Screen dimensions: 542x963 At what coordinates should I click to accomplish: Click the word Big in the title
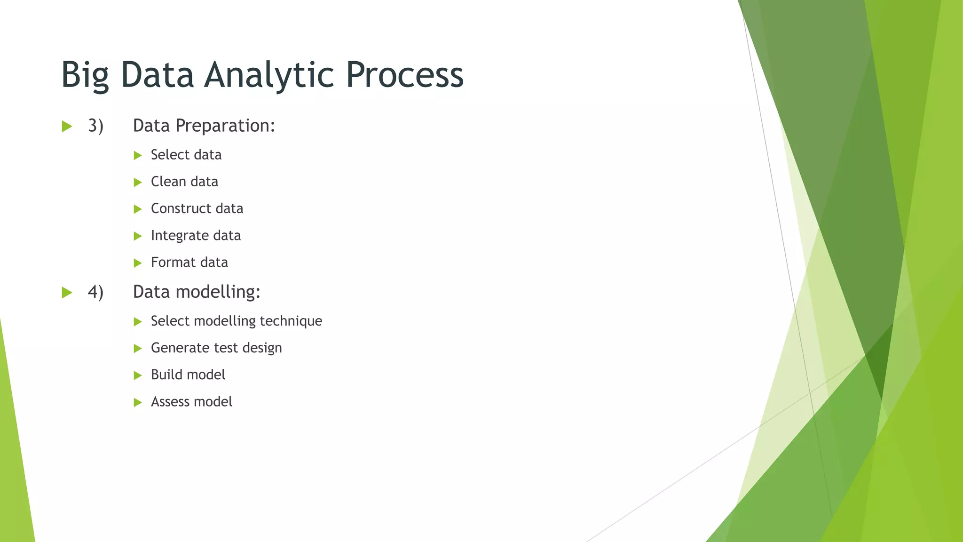[85, 75]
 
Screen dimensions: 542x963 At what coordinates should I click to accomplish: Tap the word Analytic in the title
[269, 75]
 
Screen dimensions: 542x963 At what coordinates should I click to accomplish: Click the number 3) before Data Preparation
[95, 126]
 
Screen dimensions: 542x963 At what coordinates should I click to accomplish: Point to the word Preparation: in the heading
[225, 126]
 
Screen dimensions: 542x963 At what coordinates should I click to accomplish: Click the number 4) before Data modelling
[95, 292]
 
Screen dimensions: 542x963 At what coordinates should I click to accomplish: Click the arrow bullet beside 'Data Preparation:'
[67, 127]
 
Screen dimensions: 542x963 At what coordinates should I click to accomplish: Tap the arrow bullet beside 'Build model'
[137, 375]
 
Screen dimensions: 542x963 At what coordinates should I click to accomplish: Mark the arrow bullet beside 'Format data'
[137, 263]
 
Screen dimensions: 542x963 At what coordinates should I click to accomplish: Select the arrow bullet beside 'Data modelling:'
[67, 293]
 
